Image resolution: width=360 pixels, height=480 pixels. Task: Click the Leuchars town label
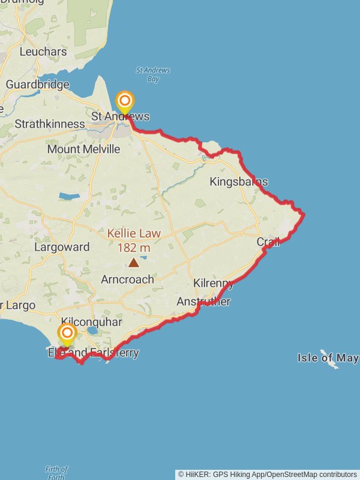point(43,52)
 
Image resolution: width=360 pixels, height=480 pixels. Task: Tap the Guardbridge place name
point(37,85)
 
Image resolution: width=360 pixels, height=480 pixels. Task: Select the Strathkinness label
point(50,124)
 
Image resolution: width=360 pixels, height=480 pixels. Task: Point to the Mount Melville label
point(83,149)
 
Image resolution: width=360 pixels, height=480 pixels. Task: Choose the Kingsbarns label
point(239,182)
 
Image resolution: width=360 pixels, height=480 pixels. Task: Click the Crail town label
point(268,242)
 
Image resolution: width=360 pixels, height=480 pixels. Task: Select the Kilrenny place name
point(213,283)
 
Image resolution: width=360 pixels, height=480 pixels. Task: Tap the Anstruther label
point(203,302)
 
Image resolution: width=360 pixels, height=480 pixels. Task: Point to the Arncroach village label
point(127,280)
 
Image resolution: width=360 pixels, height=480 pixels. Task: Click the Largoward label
point(62,247)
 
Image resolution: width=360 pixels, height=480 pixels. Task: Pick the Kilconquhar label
point(92,323)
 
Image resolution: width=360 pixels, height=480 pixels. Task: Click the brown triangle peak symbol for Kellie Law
point(133,262)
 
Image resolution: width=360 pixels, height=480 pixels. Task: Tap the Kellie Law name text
point(134,233)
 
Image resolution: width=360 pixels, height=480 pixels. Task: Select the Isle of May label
point(328,358)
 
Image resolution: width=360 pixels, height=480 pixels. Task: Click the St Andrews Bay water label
point(153,74)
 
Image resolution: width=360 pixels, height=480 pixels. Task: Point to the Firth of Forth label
point(56,473)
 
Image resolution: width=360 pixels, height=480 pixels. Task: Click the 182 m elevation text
point(134,247)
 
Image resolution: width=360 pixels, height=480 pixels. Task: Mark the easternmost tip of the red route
point(304,214)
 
